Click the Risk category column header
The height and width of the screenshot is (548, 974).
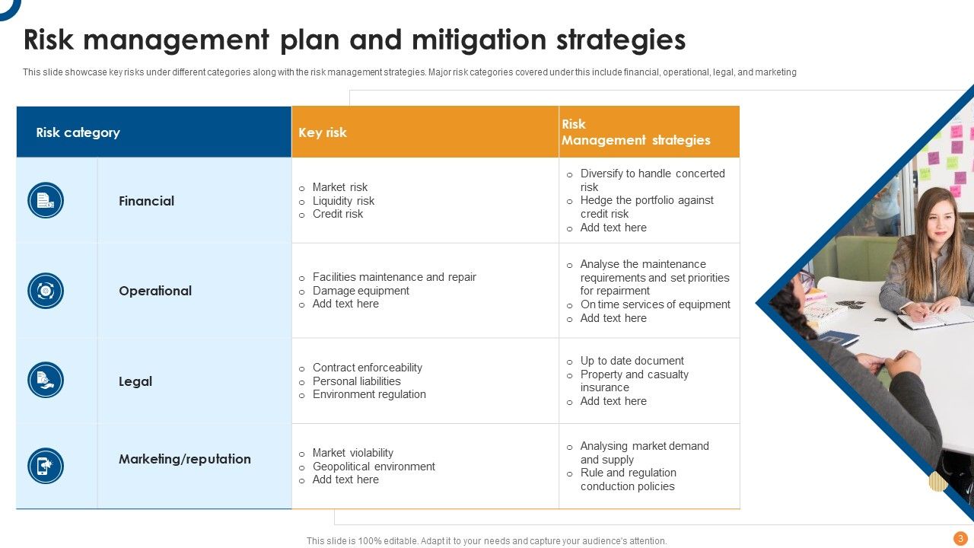pos(78,132)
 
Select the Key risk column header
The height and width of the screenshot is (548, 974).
pos(323,132)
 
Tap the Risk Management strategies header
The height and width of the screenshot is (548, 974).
pos(635,132)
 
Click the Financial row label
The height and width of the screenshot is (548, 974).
pos(146,201)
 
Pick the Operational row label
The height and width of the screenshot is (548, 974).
pos(155,291)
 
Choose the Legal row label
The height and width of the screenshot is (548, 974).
pos(135,381)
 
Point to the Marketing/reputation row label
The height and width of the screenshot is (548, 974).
pos(185,459)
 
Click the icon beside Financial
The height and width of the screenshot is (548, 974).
pos(46,201)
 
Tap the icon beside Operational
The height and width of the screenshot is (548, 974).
pos(46,291)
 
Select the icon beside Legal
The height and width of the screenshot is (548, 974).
pos(46,380)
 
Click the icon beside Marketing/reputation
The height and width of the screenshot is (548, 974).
pos(46,466)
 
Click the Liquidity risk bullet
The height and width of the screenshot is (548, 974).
pos(343,201)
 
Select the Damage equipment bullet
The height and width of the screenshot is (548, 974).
pos(361,291)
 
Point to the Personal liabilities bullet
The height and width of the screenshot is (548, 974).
pos(356,381)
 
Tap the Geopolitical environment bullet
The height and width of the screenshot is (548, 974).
pos(374,467)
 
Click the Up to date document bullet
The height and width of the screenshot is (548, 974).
pos(632,361)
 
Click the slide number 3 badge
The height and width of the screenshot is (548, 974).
pos(960,538)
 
